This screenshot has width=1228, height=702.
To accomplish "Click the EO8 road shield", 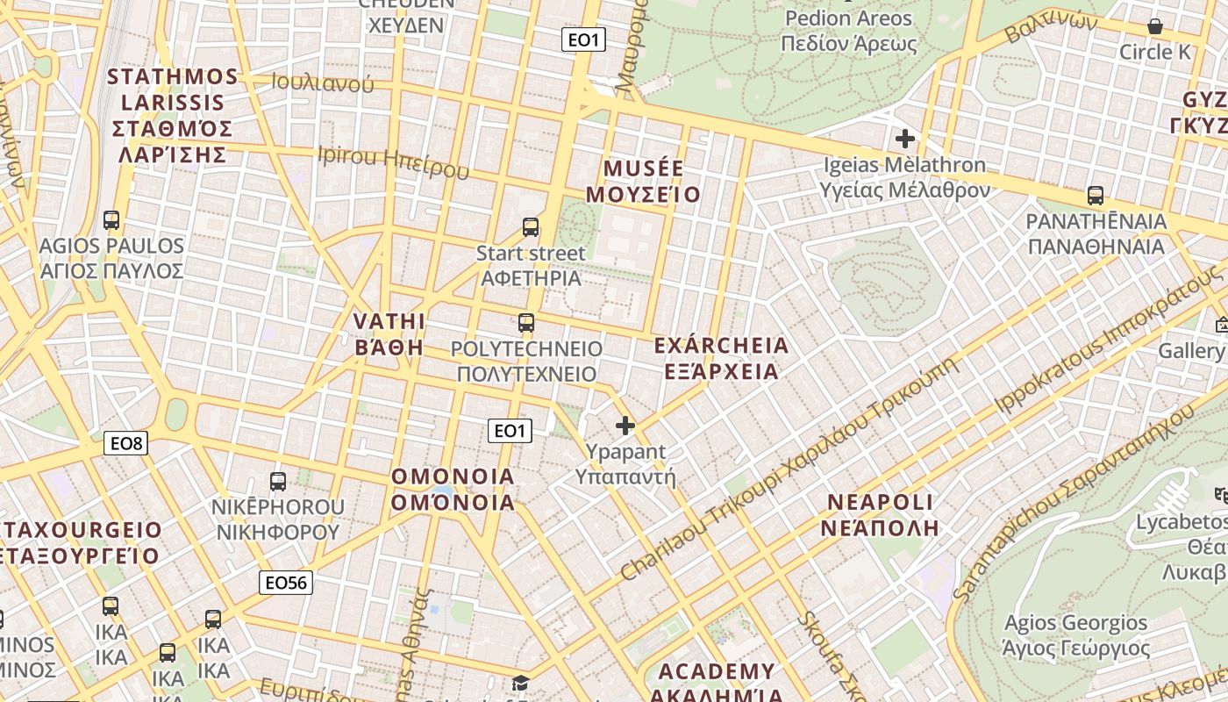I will tap(126, 443).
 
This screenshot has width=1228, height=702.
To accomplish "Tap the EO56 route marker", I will tap(286, 582).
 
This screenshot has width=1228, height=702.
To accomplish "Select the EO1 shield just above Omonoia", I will tap(510, 430).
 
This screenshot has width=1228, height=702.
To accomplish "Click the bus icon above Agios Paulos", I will tap(111, 219).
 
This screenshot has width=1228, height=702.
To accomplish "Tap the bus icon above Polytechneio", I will tap(526, 322).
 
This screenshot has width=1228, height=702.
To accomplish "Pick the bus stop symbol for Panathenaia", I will tap(1095, 195).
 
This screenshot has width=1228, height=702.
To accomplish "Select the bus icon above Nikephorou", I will tap(278, 481).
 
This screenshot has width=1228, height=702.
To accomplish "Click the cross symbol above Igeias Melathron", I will tap(904, 139).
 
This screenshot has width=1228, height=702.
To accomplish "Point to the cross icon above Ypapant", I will tap(625, 426).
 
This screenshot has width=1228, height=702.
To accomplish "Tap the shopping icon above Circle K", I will tap(1155, 26).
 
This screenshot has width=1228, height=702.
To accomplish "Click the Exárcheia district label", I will tap(721, 358).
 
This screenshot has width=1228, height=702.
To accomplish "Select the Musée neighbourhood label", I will tap(644, 181).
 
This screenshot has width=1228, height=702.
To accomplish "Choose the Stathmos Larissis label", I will tap(172, 116).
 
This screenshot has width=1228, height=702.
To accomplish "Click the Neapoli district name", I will tap(881, 514).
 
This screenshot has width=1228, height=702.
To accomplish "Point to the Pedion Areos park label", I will tap(848, 31).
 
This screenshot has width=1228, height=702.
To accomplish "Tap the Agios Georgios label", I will tap(1075, 635).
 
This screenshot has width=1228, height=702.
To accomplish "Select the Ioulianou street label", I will tap(323, 83).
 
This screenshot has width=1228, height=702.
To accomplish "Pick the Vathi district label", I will tap(389, 333).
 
